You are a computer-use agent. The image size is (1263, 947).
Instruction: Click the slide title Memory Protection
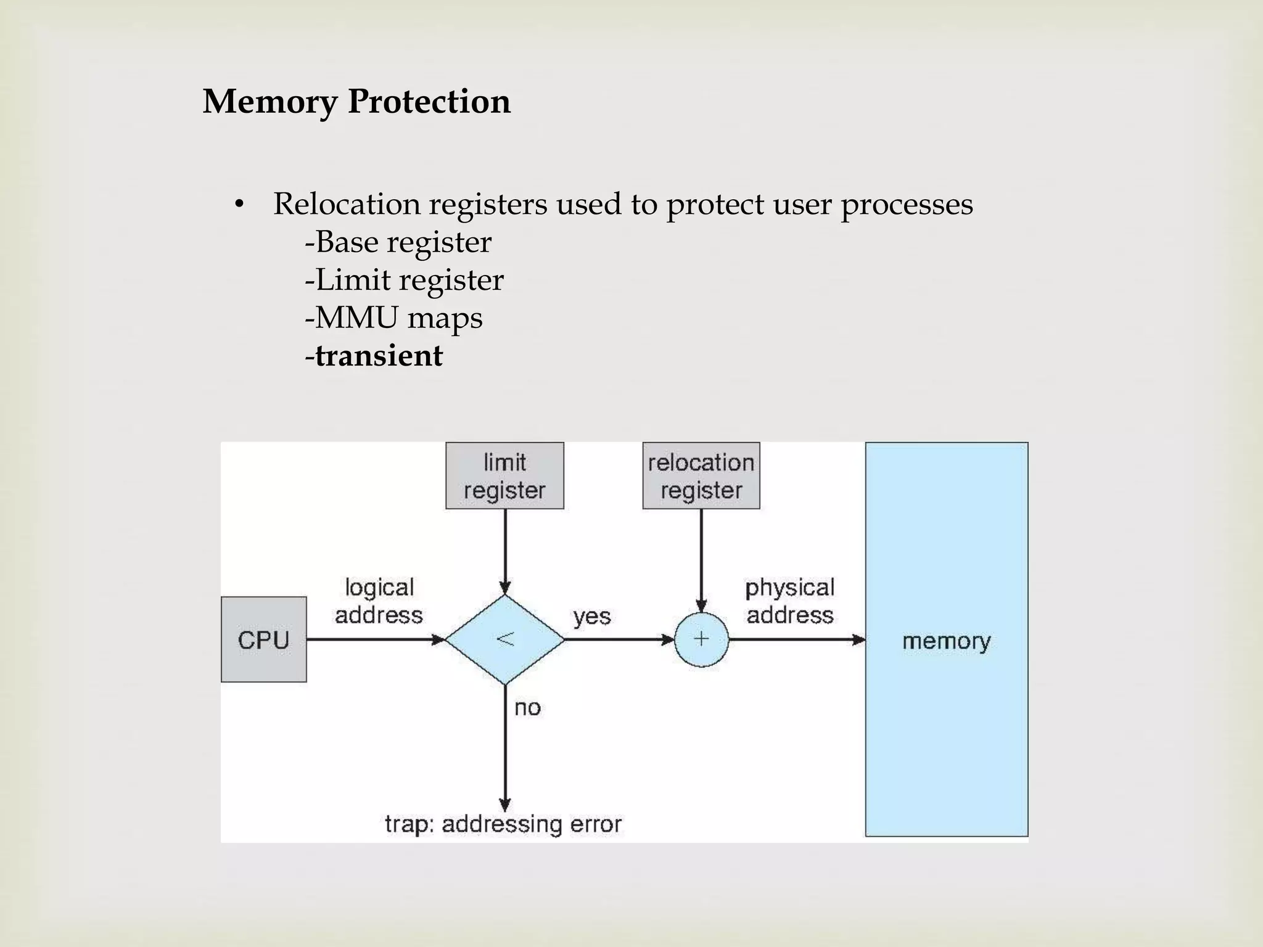point(356,102)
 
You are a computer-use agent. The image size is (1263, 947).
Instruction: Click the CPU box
point(263,639)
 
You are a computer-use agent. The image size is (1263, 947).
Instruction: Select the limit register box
point(504,475)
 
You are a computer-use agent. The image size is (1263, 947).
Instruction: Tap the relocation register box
point(701,475)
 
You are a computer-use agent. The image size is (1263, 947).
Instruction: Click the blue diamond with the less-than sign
point(504,639)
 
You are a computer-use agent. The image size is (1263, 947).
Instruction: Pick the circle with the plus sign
point(701,639)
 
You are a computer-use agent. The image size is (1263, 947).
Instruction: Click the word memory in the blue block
point(946,641)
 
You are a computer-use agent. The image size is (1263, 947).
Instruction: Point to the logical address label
point(379,601)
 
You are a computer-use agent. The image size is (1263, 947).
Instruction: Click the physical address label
point(789,601)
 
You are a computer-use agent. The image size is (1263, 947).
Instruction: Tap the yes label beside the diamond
point(591,616)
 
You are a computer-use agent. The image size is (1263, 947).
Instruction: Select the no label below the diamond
point(527,708)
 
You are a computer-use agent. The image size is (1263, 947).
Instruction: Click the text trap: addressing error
point(503,824)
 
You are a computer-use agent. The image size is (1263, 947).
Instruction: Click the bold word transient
point(379,356)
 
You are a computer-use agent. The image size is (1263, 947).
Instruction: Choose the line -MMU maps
point(393,318)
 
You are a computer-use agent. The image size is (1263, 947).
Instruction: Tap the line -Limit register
point(404,280)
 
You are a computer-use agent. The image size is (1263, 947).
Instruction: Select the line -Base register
point(398,242)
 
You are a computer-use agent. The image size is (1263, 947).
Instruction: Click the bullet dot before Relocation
point(240,205)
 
